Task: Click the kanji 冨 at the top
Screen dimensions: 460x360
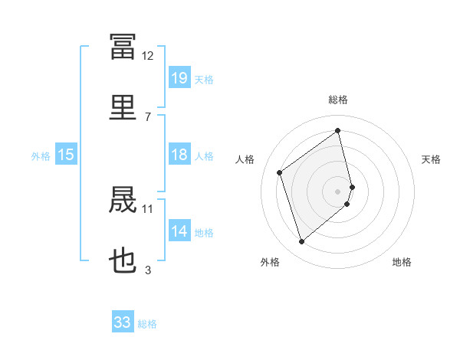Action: coord(123,46)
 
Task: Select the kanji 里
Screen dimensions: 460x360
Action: coord(123,107)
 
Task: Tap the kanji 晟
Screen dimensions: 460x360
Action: coord(123,199)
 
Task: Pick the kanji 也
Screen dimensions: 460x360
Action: coord(123,260)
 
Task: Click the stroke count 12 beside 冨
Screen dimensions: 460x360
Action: coord(147,56)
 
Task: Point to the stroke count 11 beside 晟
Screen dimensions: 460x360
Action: coord(147,209)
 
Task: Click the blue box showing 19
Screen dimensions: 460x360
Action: coord(179,77)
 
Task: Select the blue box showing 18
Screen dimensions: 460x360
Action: coord(179,154)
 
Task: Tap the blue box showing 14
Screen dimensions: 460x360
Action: coord(179,230)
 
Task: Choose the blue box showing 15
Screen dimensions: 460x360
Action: coord(66,154)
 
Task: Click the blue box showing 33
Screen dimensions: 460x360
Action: coord(123,321)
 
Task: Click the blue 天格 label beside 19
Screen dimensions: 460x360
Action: coord(204,80)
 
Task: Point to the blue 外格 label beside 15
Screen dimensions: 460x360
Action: coord(41,156)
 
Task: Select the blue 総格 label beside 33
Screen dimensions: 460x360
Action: coord(147,324)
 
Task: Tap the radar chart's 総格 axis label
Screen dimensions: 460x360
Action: coord(338,100)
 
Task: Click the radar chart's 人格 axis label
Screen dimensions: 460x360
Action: coord(245,159)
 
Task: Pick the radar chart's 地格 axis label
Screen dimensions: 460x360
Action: coord(402,262)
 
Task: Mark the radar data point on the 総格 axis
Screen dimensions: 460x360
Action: coord(337,130)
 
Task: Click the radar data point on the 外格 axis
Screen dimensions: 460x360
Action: coord(301,241)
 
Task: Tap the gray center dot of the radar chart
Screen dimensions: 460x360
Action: coord(337,191)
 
